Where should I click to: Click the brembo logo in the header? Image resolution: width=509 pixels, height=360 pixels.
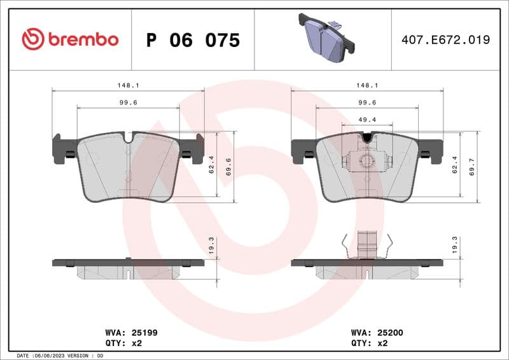click(x=70, y=39)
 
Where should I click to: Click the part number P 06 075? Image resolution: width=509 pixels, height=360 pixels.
click(x=193, y=40)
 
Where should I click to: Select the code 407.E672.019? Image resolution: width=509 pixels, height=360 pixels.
click(x=445, y=40)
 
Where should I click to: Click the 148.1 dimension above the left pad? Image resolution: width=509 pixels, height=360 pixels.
click(x=128, y=85)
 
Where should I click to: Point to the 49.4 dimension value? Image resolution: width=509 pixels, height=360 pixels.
click(x=367, y=119)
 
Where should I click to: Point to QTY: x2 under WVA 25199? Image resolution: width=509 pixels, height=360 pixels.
click(x=123, y=343)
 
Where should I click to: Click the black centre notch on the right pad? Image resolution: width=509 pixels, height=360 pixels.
click(x=366, y=137)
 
